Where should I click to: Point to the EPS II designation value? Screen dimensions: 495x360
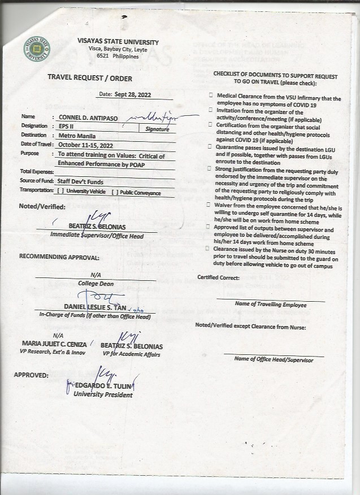coord(65,126)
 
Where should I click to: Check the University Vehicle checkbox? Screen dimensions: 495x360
coord(61,193)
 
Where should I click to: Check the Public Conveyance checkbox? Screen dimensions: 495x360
coord(115,193)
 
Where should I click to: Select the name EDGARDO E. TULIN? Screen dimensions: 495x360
coord(103,386)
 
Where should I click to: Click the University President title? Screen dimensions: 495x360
coord(103,394)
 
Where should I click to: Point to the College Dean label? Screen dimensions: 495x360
coord(94,283)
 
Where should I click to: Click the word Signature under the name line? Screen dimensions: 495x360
coord(157,129)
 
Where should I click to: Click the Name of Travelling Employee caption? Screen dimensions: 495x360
coord(270,305)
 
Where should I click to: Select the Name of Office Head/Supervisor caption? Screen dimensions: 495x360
coord(270,359)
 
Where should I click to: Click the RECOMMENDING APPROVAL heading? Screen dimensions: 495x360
coord(59,257)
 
